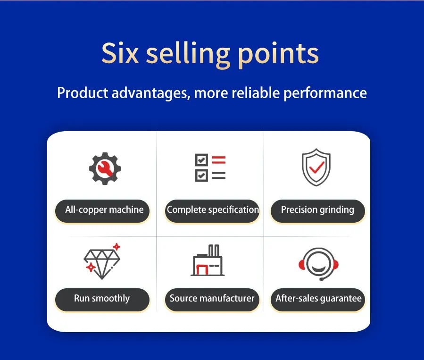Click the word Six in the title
tap(120, 53)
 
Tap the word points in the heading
tap(278, 55)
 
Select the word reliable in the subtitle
tap(256, 93)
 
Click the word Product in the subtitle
tap(83, 93)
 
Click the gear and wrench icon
tap(105, 168)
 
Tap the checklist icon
tap(210, 167)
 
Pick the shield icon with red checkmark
tap(316, 167)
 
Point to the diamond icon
tap(102, 261)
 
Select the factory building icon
tap(208, 260)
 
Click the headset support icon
tap(318, 264)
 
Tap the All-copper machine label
tap(102, 211)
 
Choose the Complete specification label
tap(212, 211)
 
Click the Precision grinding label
tap(318, 211)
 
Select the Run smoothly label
tap(102, 300)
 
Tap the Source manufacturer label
tap(212, 300)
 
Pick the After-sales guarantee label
tap(318, 300)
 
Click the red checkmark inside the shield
tap(317, 167)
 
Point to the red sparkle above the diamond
tap(116, 247)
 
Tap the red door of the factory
tap(202, 269)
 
